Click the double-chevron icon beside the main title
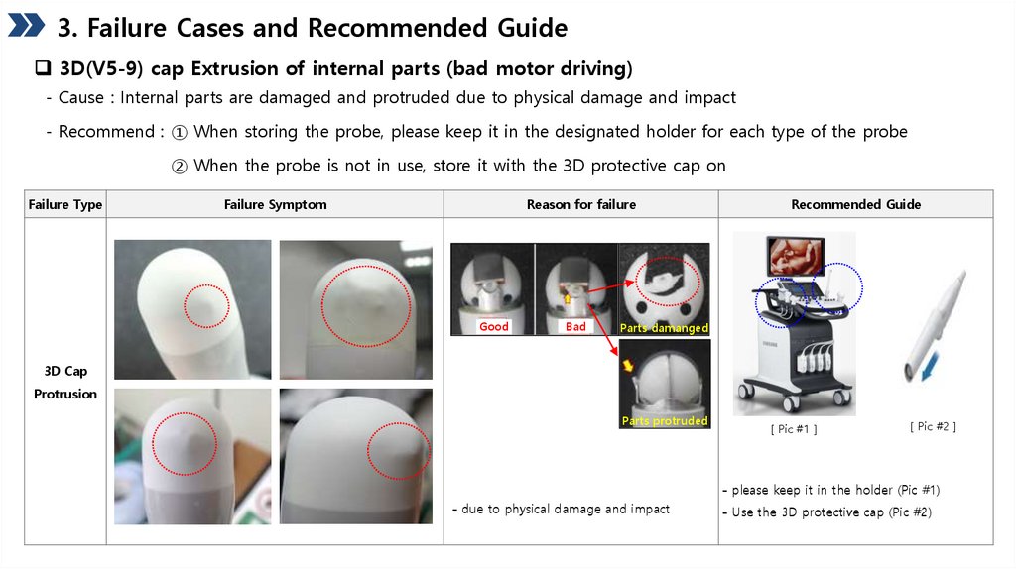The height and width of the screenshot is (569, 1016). (26, 25)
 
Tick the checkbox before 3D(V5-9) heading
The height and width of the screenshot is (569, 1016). (43, 68)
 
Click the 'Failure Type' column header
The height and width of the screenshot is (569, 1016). (65, 204)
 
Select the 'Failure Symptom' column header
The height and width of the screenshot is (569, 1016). (276, 204)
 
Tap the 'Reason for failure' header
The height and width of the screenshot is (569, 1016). (581, 204)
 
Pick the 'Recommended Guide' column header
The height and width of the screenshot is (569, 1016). (856, 204)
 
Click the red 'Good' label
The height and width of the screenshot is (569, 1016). (494, 326)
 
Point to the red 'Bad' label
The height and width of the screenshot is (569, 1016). (575, 326)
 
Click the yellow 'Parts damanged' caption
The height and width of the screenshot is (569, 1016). (664, 327)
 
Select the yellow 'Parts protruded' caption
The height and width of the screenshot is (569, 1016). (665, 420)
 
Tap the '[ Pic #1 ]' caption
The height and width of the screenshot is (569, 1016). (794, 429)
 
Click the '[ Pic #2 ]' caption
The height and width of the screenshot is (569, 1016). (933, 426)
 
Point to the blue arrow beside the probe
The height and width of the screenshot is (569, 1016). (930, 368)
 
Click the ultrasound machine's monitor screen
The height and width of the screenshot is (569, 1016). (796, 257)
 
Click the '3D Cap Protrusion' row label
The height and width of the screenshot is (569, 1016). (65, 382)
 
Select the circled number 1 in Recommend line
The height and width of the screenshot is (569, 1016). (179, 132)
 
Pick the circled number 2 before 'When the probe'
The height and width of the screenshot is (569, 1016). (179, 167)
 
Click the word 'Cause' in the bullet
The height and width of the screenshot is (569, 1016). (81, 98)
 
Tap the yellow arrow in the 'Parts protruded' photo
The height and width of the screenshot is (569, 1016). (627, 365)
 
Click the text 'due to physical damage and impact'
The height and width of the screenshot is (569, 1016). (566, 509)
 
